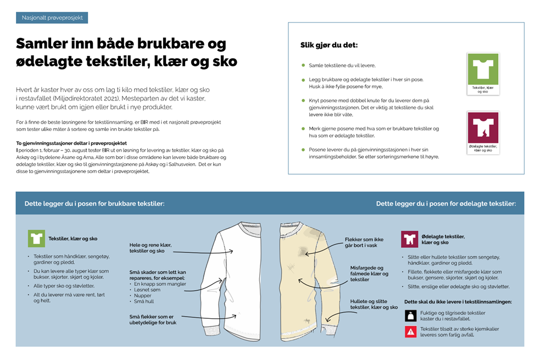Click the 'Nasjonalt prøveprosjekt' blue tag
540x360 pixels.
[52, 18]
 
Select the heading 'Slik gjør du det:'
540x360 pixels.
[329, 45]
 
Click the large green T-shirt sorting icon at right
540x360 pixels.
[482, 69]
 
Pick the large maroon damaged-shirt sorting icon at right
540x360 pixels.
[482, 128]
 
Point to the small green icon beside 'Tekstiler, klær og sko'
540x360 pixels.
[36, 239]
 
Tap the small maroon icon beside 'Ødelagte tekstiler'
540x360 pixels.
[409, 239]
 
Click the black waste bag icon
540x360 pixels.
[410, 315]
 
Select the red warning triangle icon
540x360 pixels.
[410, 331]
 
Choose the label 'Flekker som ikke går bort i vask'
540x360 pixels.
[364, 242]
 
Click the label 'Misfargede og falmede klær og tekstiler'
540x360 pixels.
[369, 274]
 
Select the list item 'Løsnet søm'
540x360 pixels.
[147, 290]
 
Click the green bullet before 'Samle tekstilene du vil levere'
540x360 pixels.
[303, 65]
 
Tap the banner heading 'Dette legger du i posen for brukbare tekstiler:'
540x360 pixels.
[94, 203]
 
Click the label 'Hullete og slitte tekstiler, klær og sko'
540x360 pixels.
[374, 304]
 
